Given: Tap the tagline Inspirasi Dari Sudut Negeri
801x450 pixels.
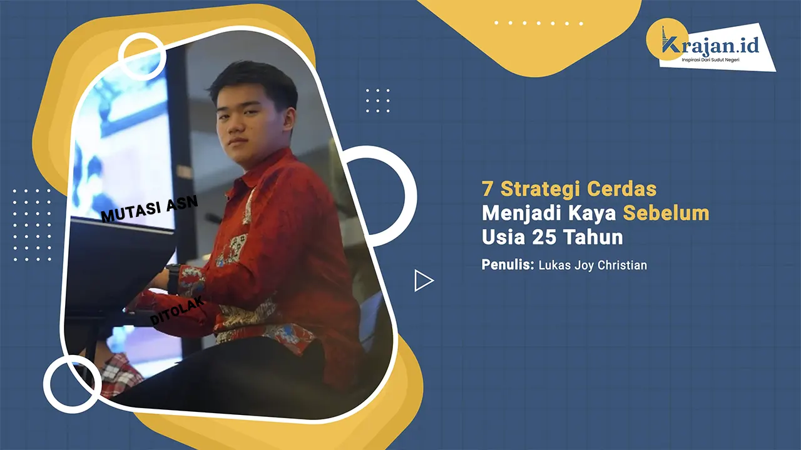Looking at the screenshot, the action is (x=710, y=60).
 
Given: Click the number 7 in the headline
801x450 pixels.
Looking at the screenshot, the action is (x=487, y=189).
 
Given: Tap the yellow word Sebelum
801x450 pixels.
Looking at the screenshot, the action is (x=666, y=213).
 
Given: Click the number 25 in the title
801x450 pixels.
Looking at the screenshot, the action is (x=542, y=237).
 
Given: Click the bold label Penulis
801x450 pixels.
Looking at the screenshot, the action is (x=508, y=264).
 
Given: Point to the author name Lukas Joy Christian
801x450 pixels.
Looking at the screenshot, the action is (x=593, y=266).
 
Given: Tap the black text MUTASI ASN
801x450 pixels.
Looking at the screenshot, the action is (x=150, y=209).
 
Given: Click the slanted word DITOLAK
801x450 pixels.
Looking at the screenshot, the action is (x=177, y=310).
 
